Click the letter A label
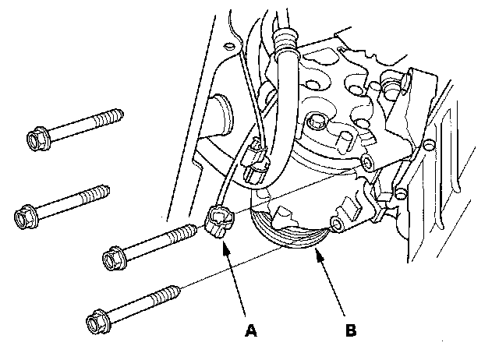tap(250, 330)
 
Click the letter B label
tap(350, 330)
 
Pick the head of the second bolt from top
tap(25, 212)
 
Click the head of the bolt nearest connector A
tap(114, 256)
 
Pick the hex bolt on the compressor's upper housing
tap(317, 123)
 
